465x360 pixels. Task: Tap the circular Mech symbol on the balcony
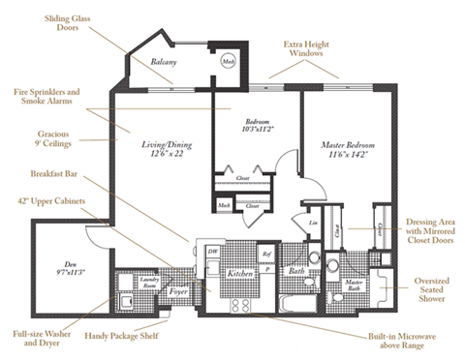(x=230, y=60)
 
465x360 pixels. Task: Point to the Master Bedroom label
(x=347, y=149)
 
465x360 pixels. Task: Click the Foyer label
(x=180, y=287)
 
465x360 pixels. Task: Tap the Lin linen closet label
(x=313, y=222)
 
